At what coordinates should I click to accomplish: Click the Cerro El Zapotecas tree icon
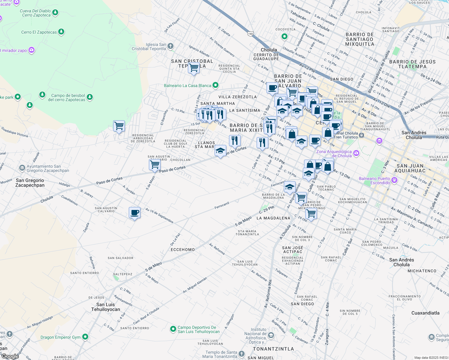pos(61,32)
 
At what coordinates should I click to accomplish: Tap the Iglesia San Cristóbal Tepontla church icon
pos(170,46)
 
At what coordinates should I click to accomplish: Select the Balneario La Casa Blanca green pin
pos(215,85)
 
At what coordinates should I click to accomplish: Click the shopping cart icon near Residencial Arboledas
pos(119,126)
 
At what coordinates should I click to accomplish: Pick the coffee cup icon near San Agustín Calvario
pos(134,213)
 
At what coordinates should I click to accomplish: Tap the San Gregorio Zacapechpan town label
pos(30,183)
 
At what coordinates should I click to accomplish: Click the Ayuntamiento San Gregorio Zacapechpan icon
pos(22,168)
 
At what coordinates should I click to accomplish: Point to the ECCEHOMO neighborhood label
pos(182,250)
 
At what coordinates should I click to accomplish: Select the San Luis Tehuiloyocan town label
pos(106,307)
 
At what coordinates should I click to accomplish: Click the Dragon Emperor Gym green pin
pos(85,337)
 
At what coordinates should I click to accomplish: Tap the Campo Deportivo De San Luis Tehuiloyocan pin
pos(173,329)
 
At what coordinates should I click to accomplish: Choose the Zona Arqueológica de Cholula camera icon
pos(356,153)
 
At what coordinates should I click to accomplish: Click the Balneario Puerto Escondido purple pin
pos(394,180)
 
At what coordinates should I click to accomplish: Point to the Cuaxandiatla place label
pos(425,313)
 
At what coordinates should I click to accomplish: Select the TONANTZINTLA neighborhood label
pos(273,349)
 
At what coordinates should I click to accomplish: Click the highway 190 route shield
pos(250,34)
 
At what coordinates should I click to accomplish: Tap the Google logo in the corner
pos(10,356)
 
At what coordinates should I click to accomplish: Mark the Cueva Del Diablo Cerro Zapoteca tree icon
pos(55,12)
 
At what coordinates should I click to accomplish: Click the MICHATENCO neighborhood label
pos(422,271)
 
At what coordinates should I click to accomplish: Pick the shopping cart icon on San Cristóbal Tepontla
pos(194,68)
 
